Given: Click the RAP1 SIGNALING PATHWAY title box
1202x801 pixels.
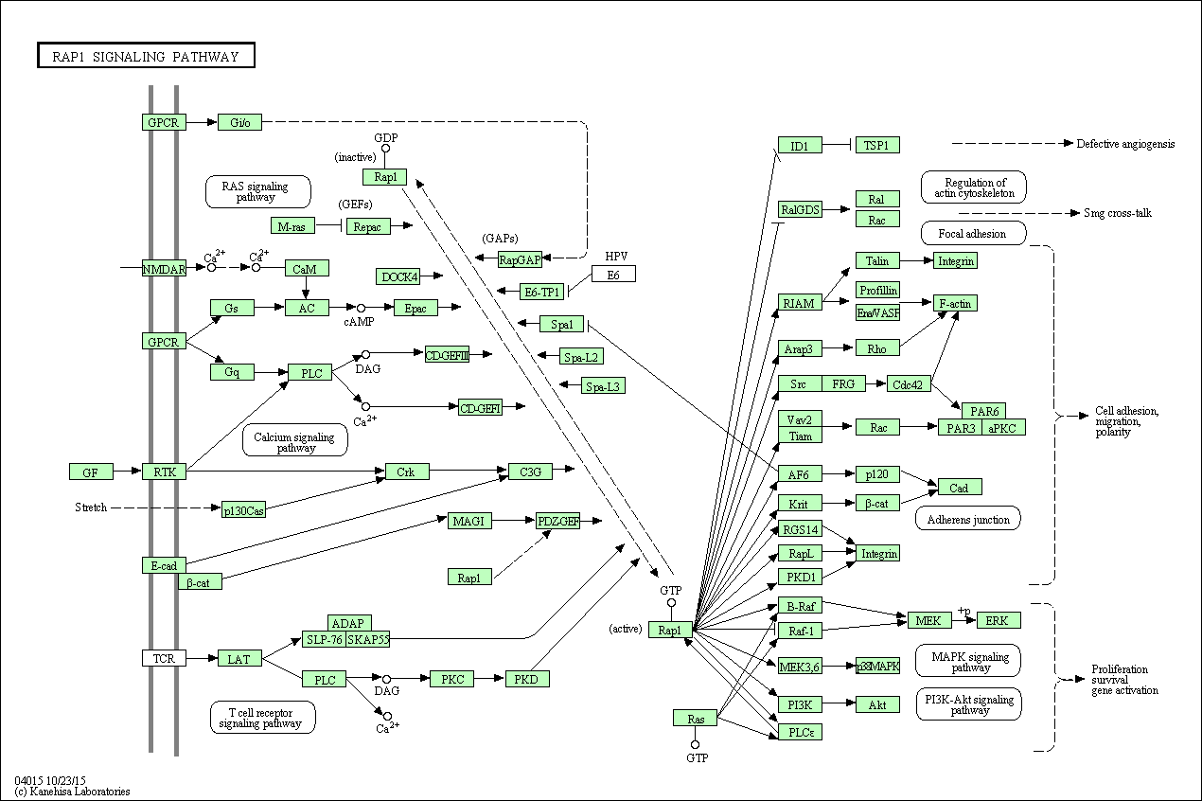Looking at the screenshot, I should pyautogui.click(x=146, y=56).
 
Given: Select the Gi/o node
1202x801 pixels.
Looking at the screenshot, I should pyautogui.click(x=239, y=122).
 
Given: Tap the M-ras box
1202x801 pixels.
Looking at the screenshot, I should pyautogui.click(x=292, y=226).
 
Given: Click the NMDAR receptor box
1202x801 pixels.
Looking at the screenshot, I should pyautogui.click(x=164, y=269).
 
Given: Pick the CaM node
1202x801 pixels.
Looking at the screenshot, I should pyautogui.click(x=307, y=269).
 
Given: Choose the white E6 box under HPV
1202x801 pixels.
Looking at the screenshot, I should pyautogui.click(x=613, y=275).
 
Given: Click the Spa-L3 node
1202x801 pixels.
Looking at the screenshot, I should pyautogui.click(x=603, y=386).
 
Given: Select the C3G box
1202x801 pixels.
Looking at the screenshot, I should pyautogui.click(x=530, y=472).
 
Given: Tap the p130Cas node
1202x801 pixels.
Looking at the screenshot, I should pyautogui.click(x=243, y=510).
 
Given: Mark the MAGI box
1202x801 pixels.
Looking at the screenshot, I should pyautogui.click(x=469, y=521).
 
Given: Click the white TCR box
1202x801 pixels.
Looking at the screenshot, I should pyautogui.click(x=164, y=658).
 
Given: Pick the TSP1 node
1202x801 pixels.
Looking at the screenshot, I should pyautogui.click(x=876, y=146).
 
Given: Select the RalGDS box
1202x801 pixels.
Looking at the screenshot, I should pyautogui.click(x=799, y=210).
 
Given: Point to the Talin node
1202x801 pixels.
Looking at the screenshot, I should pyautogui.click(x=876, y=260).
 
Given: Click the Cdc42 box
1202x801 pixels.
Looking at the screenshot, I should pyautogui.click(x=910, y=383).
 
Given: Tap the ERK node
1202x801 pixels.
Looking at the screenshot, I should pyautogui.click(x=998, y=621).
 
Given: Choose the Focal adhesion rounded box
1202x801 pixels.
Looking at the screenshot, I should pyautogui.click(x=972, y=233).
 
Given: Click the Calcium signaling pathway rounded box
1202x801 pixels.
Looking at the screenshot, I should pyautogui.click(x=295, y=442).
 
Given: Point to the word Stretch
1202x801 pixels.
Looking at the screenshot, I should pyautogui.click(x=91, y=508).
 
